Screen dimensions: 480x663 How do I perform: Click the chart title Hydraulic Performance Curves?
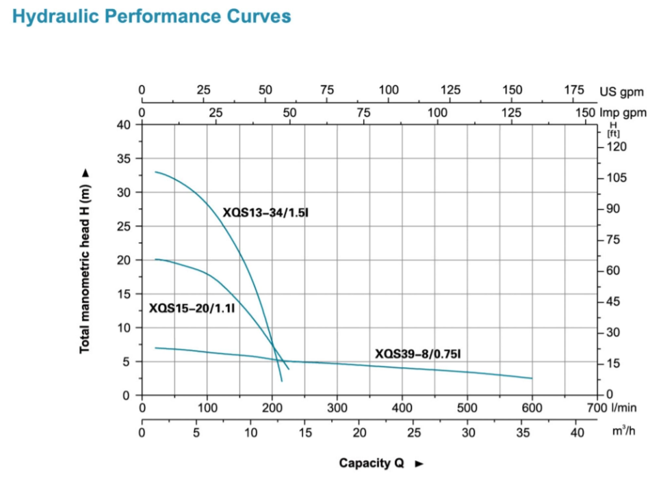coord(151,17)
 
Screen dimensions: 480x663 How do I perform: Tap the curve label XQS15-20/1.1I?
coord(192,308)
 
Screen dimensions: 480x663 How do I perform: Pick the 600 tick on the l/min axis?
coord(532,408)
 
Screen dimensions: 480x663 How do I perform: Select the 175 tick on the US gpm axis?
coord(574,90)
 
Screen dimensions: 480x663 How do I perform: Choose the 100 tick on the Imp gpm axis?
coord(438,113)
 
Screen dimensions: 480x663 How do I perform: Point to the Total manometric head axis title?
coord(86,261)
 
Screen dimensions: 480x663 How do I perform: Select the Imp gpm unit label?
coord(622,113)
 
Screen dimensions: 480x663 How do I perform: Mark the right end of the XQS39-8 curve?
coord(532,378)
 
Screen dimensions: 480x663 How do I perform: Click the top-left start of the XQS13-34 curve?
coord(156,172)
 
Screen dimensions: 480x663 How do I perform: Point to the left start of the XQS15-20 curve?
coord(156,259)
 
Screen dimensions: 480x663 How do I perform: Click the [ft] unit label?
coord(613,133)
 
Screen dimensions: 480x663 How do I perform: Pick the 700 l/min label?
coord(597,408)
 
